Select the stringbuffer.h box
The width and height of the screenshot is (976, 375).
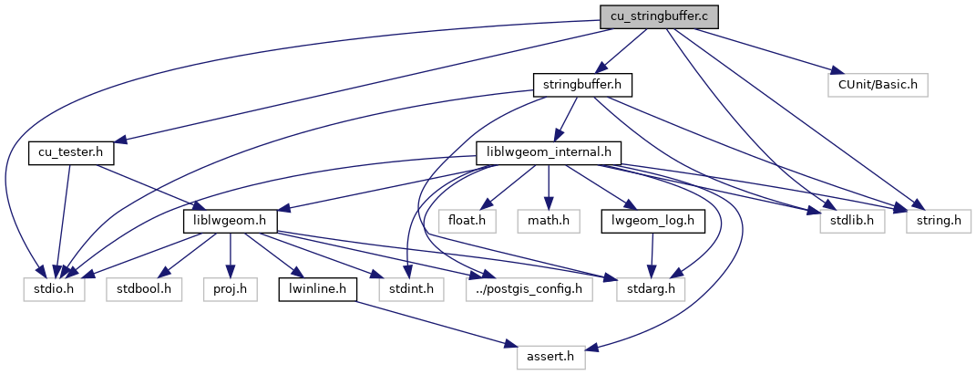tap(583, 85)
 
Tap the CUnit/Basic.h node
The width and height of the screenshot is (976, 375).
tap(877, 85)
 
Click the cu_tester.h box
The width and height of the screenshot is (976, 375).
tap(66, 152)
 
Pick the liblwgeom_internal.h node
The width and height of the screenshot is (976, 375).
tap(549, 152)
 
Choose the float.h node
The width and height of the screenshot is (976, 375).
tap(459, 221)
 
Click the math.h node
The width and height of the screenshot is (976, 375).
tap(549, 221)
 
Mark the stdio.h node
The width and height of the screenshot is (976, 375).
tap(54, 289)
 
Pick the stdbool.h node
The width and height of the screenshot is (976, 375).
tap(144, 289)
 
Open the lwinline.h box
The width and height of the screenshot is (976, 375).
tap(312, 289)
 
